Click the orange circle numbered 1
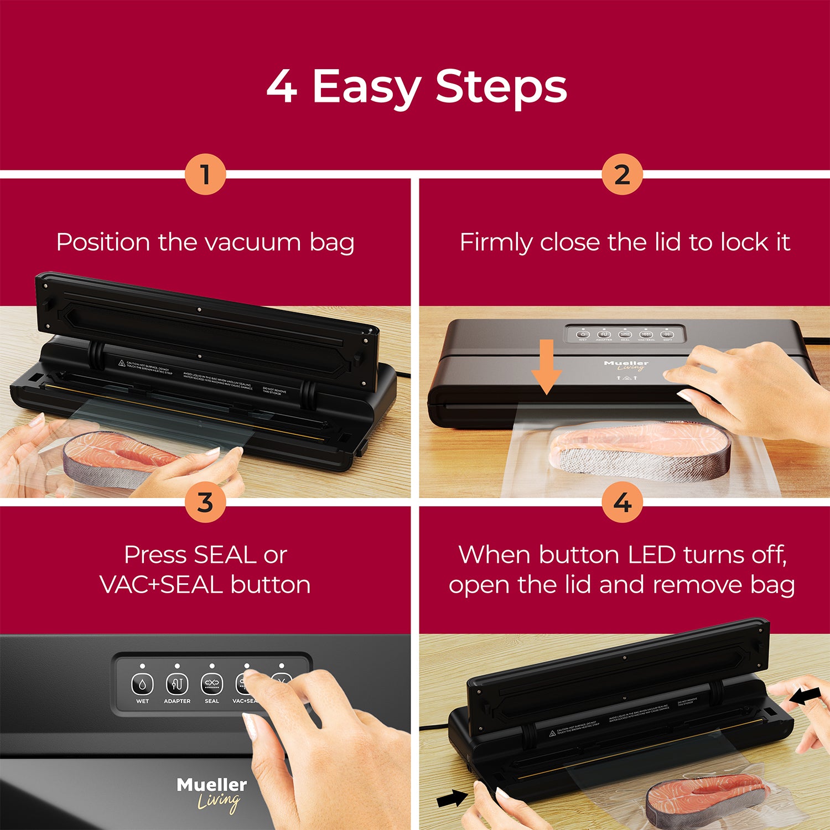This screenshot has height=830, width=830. tap(205, 174)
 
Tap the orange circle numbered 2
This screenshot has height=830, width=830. tap(622, 174)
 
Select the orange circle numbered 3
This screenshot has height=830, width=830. tap(205, 502)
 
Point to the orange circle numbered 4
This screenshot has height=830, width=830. tap(622, 502)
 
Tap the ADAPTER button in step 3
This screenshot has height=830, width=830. tap(177, 685)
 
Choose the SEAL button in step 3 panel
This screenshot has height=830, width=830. tap(212, 685)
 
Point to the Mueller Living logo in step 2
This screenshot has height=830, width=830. tap(626, 365)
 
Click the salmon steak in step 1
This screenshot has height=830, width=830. tap(119, 456)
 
